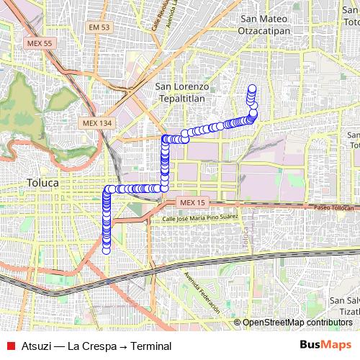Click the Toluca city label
coord(42,183)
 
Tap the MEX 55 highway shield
coord(39,43)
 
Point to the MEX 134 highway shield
coord(97,123)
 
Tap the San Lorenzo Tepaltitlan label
coord(182,93)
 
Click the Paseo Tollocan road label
coord(335,207)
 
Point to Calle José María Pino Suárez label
coord(199,218)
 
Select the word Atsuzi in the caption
coord(36,346)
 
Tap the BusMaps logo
coord(325,345)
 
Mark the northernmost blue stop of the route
coord(252,89)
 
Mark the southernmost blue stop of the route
coord(107,251)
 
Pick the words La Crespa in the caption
coord(91,346)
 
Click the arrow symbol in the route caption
coord(122,346)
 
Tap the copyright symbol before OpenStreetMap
coord(238,323)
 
